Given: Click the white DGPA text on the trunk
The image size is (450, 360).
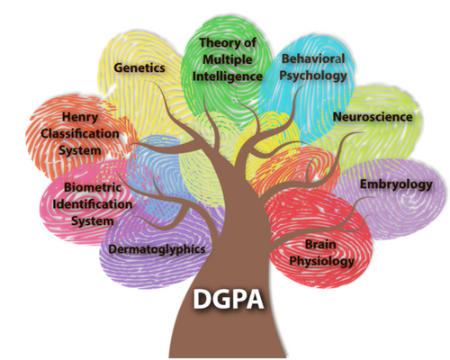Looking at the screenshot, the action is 229,299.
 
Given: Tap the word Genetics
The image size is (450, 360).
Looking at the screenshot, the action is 139,67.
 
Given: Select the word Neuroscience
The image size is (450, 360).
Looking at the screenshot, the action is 373,117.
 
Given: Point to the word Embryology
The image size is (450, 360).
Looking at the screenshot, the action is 396,184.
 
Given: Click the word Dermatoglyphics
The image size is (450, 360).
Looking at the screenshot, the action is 157,249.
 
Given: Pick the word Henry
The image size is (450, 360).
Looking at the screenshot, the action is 80,117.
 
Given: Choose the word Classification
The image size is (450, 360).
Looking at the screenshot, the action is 80,133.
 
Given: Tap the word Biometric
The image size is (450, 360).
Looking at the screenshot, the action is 93,187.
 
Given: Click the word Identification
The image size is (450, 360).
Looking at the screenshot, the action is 93,204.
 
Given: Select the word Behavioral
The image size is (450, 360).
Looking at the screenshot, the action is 313,58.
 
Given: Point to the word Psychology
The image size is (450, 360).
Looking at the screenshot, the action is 313,76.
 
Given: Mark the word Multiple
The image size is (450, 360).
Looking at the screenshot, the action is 228,59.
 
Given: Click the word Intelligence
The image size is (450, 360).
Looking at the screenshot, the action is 228,76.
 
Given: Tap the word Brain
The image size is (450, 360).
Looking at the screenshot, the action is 320,244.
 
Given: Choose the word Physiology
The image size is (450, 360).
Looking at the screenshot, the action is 321,261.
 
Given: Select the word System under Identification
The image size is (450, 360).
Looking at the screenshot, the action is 93,221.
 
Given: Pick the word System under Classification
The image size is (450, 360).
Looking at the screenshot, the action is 80,150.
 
